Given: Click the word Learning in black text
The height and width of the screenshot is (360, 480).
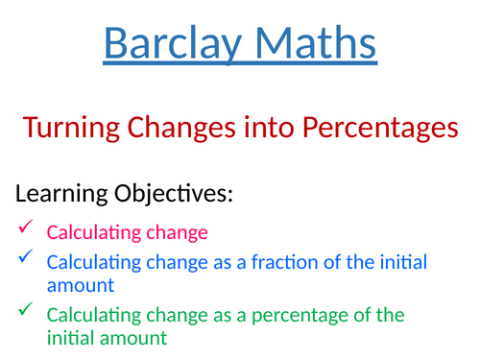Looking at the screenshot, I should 59,195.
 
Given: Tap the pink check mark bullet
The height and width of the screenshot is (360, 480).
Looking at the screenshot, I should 25,228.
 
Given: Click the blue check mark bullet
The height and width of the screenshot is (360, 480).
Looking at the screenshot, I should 25,256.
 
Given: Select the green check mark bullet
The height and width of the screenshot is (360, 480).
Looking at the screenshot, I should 25,309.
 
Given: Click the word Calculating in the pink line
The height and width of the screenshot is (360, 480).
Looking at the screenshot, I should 87,232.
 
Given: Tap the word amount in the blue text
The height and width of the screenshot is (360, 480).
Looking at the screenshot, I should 81,285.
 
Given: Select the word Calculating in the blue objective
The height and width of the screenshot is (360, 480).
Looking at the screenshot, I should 87,261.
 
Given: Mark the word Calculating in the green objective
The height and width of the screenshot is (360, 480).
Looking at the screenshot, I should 87,315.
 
